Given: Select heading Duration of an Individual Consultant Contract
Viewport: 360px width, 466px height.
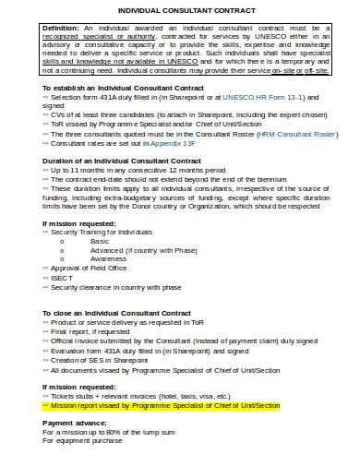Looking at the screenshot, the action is point(121,161).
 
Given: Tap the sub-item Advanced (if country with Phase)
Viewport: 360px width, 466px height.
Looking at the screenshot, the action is point(143,250).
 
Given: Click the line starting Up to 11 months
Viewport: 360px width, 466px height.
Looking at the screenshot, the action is point(138,171).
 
